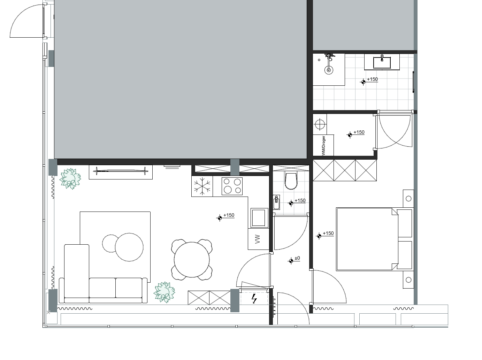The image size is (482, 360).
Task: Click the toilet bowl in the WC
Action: [x=291, y=181]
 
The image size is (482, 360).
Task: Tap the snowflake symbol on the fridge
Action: [x=202, y=186]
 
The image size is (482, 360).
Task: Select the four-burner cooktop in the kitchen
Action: [x=232, y=186]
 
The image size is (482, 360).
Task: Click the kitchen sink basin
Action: [x=259, y=218]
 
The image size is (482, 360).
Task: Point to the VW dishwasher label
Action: [x=258, y=239]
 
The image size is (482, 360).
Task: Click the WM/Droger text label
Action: [x=323, y=146]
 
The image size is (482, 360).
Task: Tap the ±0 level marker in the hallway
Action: [x=297, y=258]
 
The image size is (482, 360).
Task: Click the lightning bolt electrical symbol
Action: [x=254, y=299]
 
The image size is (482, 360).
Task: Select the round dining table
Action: [x=192, y=260]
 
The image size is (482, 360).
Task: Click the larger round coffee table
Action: [x=129, y=247]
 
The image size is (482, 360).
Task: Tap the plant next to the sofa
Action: [x=164, y=292]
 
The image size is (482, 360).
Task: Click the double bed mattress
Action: [x=367, y=239]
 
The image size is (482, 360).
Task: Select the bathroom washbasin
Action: [x=382, y=62]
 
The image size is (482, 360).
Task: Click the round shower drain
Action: [x=329, y=70]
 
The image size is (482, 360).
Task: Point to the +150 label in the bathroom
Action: [x=373, y=79]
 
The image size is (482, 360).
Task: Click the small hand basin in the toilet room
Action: [x=276, y=202]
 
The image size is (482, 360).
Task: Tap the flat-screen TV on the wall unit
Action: [x=121, y=170]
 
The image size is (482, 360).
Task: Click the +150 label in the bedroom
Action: [x=328, y=233]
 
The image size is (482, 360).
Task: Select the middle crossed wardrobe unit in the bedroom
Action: [x=345, y=170]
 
